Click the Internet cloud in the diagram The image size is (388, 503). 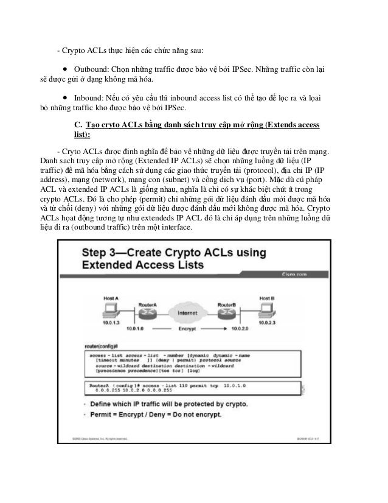point(186,314)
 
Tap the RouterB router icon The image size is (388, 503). point(227,314)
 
